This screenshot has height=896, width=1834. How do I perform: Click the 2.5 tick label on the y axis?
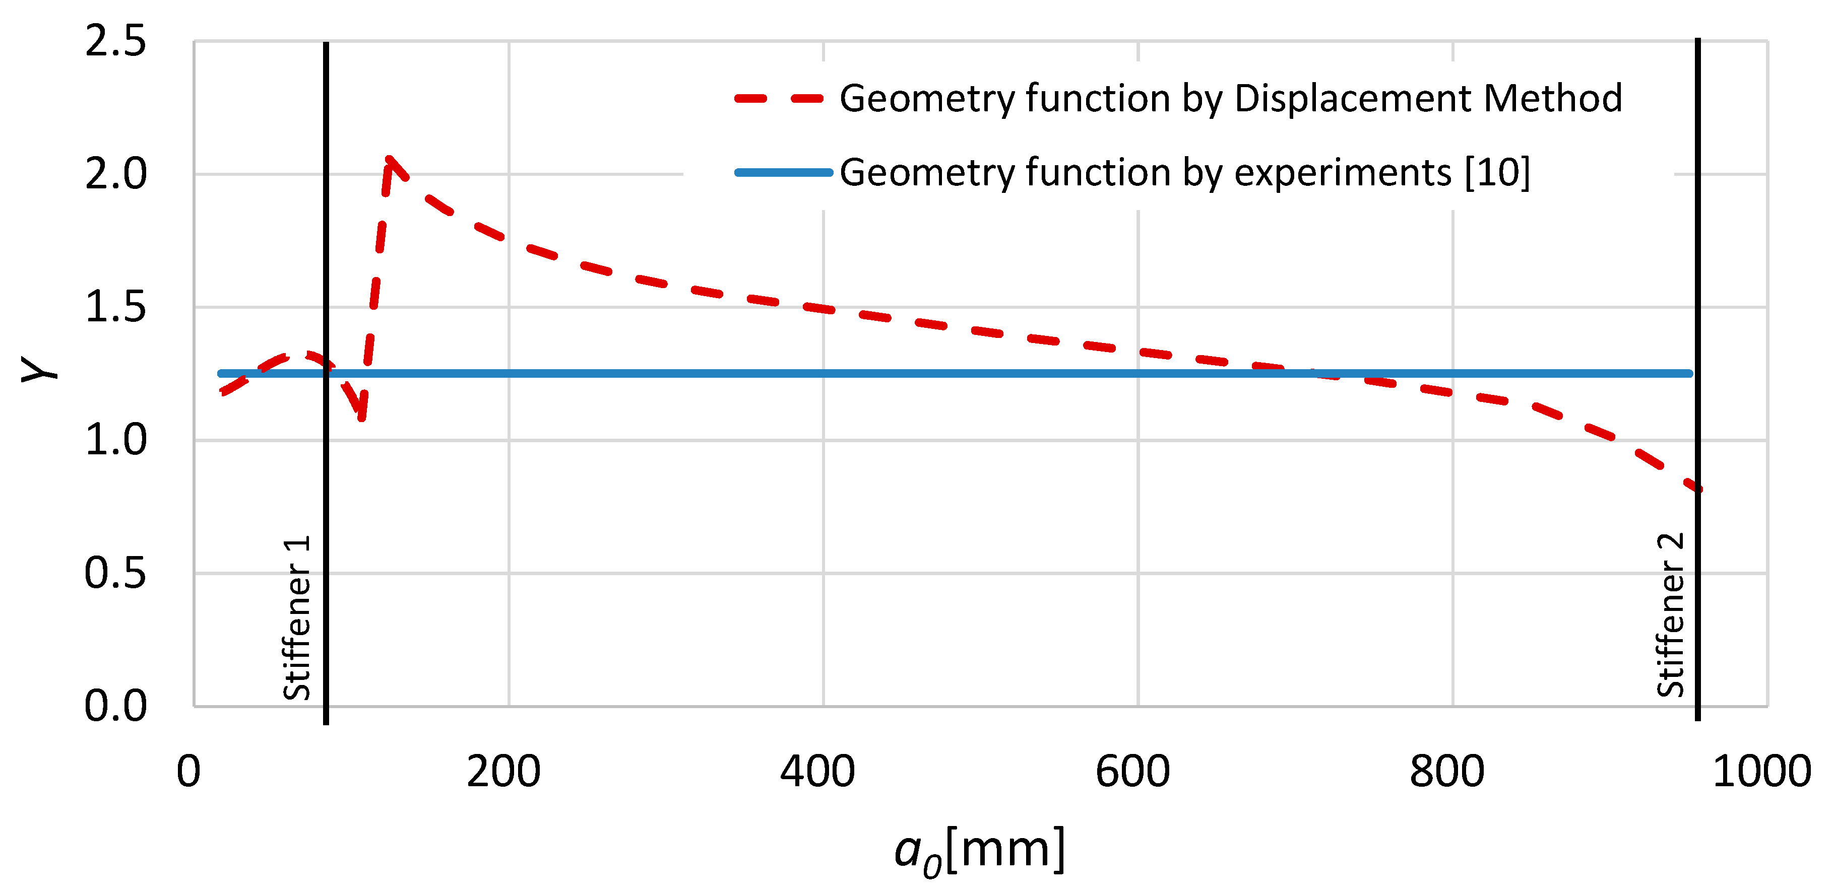point(115,41)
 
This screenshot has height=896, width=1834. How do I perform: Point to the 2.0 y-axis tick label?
point(115,174)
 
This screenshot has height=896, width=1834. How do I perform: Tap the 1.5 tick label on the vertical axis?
point(115,307)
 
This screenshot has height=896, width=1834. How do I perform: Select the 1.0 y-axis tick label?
point(115,440)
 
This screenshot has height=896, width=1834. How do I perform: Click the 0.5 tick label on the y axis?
point(115,573)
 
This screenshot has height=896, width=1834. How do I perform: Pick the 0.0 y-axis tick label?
point(115,706)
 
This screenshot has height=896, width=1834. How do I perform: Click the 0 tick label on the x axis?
point(188,772)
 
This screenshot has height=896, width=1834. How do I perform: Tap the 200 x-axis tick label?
point(503,772)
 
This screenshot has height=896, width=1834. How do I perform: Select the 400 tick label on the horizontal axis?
point(817,772)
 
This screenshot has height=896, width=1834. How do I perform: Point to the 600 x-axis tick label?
point(1132,772)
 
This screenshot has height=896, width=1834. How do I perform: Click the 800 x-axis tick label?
point(1447,772)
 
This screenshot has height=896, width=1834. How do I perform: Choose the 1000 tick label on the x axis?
point(1760,772)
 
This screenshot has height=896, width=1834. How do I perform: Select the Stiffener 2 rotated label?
point(1670,615)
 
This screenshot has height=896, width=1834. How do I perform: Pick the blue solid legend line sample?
point(783,172)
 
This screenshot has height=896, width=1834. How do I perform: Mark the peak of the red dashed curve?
point(390,160)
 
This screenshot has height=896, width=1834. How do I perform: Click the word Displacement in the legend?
point(1351,99)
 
